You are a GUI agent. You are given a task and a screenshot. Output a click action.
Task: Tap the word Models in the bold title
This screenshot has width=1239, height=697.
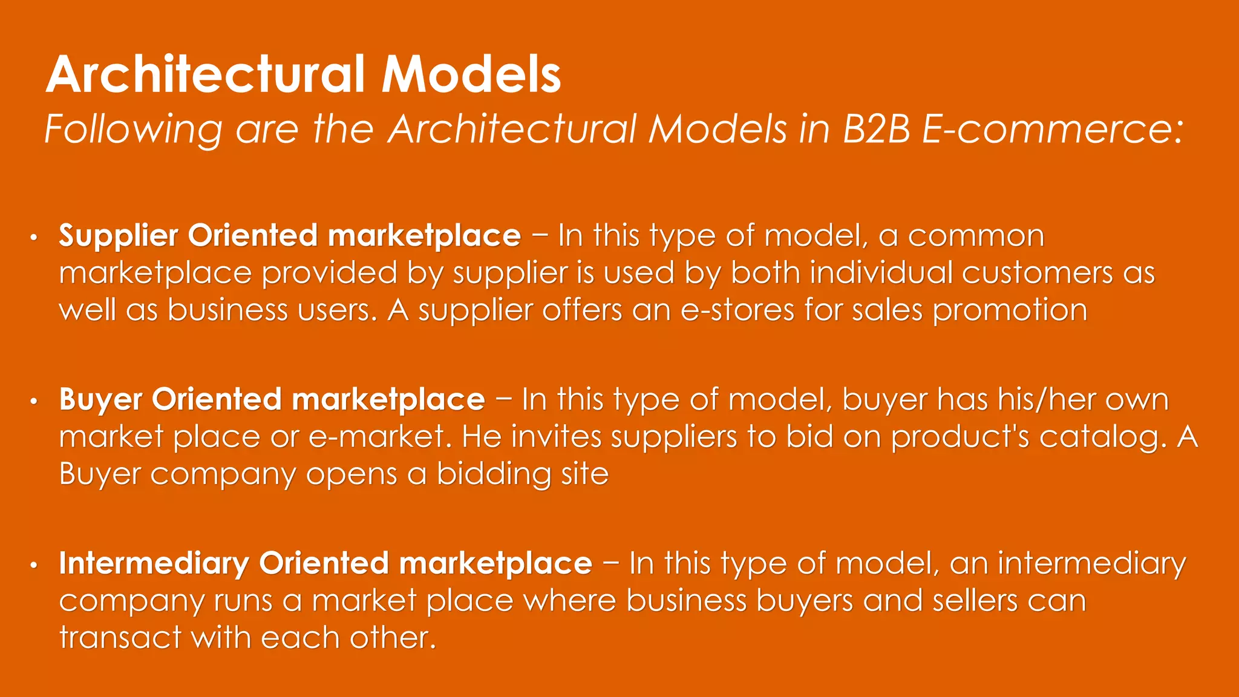471,74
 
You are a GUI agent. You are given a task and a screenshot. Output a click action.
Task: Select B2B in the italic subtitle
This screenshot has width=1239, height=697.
876,129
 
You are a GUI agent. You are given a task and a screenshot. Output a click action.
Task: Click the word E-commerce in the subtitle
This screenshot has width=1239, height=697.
1052,129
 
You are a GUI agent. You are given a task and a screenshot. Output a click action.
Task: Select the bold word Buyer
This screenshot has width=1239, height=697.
100,400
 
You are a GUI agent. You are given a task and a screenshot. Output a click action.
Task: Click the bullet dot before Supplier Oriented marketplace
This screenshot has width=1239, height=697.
34,237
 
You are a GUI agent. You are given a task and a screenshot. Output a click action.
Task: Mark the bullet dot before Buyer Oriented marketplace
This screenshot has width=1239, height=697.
34,401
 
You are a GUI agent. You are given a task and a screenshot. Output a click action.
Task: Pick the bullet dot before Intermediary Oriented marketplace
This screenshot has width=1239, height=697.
34,565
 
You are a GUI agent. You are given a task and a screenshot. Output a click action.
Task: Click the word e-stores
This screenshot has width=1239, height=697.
737,310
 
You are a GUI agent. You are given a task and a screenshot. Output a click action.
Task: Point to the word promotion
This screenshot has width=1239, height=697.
1010,311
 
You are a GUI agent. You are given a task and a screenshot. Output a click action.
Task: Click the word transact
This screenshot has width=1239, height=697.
120,638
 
